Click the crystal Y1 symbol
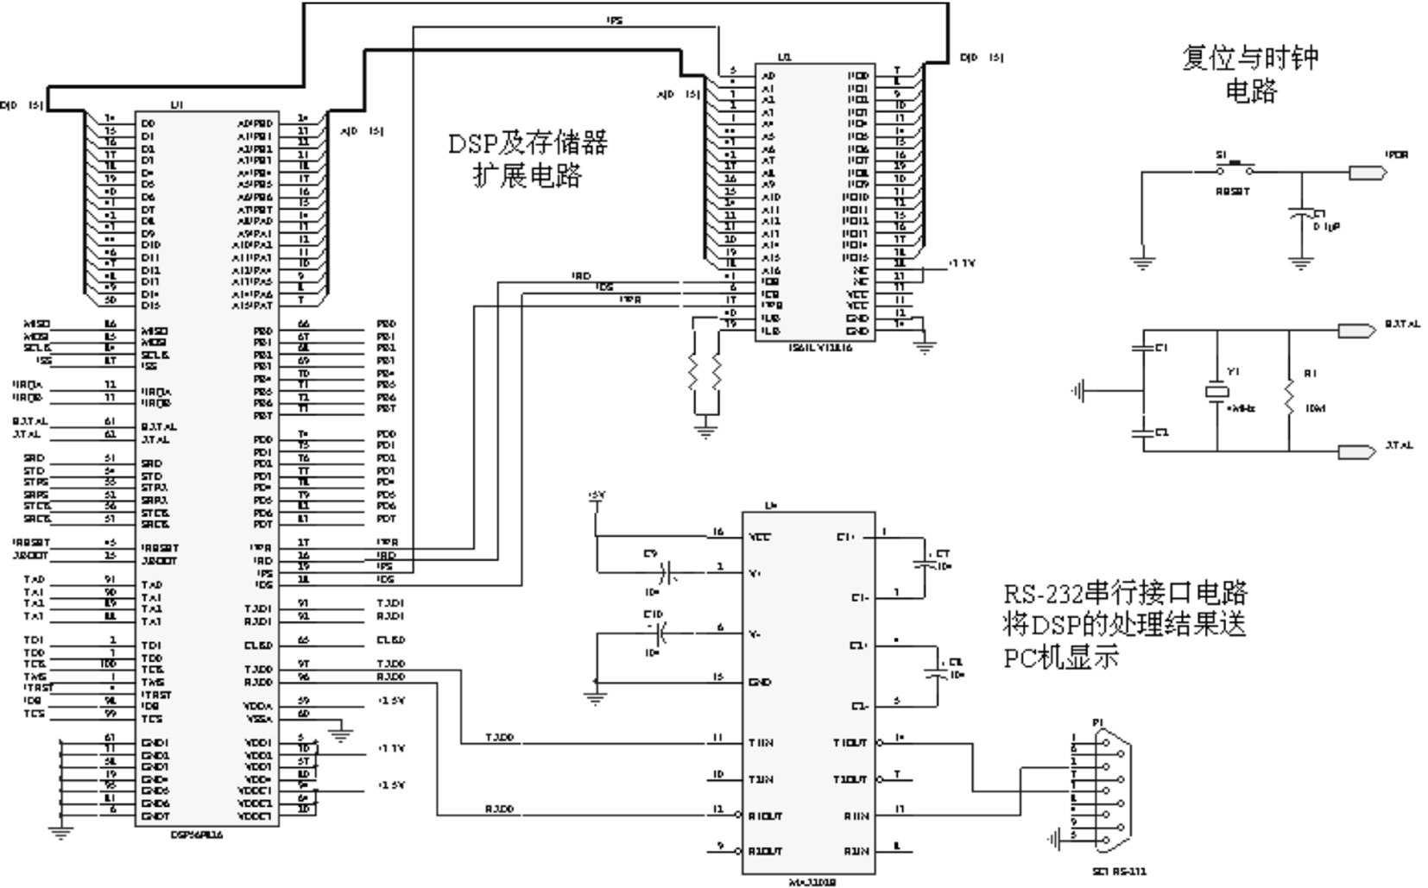click(1217, 392)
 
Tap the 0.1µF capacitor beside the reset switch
click(1300, 216)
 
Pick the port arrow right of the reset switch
click(1367, 173)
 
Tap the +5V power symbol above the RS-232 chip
click(596, 497)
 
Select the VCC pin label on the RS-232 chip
click(760, 536)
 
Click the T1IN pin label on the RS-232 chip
click(761, 743)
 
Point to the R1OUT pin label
click(764, 816)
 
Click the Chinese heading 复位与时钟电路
click(1250, 73)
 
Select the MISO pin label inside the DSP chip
click(155, 331)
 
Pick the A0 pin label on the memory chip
click(768, 76)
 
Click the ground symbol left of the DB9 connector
click(1052, 836)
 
